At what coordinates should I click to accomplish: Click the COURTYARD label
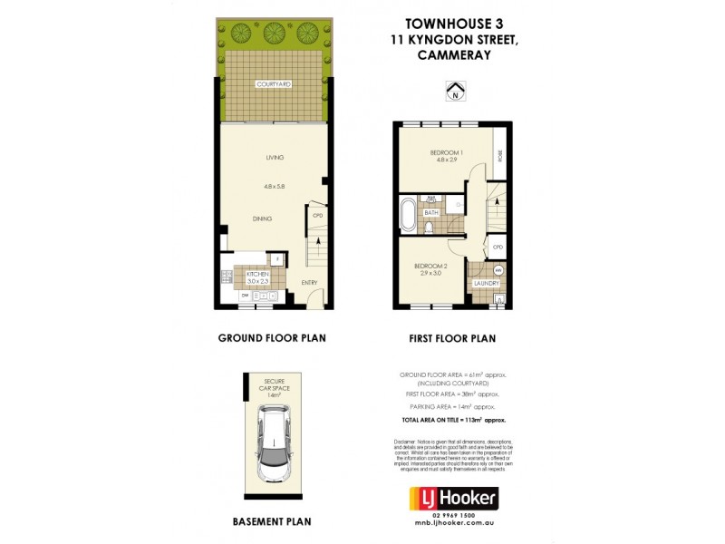click(x=272, y=84)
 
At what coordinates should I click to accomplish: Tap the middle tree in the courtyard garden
click(x=272, y=34)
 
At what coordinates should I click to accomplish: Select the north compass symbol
click(x=455, y=90)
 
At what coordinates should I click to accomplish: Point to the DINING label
click(x=263, y=219)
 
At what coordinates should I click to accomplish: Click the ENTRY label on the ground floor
click(x=310, y=283)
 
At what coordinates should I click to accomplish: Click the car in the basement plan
click(x=274, y=445)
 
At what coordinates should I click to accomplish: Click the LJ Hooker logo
click(x=454, y=498)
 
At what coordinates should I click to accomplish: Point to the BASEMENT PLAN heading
click(x=271, y=521)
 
